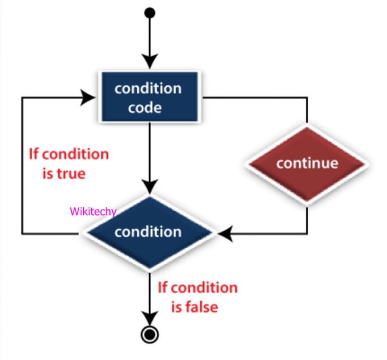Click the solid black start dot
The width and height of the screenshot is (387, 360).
[150, 12]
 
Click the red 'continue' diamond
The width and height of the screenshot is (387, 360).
[307, 163]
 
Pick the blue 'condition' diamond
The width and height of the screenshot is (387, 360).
[148, 232]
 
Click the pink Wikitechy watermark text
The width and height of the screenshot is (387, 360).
[93, 211]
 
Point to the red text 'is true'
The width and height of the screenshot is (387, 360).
[64, 174]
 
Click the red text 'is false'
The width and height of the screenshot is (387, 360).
[195, 307]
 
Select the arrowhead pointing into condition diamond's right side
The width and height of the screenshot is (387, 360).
[224, 233]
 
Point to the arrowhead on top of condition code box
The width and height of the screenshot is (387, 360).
[150, 61]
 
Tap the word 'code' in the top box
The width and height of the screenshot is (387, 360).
[145, 108]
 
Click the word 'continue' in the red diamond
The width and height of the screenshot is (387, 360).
[307, 163]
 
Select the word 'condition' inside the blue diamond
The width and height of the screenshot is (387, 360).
[148, 232]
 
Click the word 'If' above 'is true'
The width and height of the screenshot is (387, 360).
[34, 154]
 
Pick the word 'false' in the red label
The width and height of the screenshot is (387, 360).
[202, 307]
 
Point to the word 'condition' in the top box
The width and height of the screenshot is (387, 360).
[148, 89]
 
